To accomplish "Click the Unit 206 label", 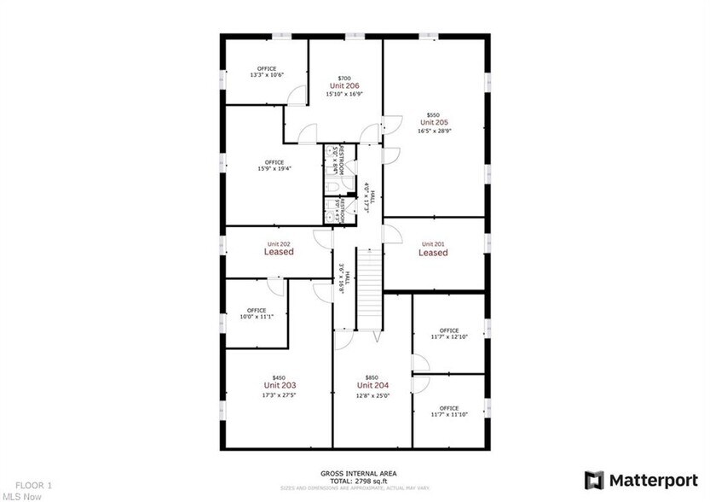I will [344, 85].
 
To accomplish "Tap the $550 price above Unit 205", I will [433, 114].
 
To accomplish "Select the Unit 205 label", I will [433, 122].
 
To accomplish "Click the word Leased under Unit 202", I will [279, 252].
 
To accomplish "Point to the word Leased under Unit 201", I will [433, 253].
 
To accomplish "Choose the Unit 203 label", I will [279, 386].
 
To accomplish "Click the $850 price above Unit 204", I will [372, 377].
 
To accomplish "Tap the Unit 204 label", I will [372, 386].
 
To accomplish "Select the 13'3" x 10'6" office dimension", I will [266, 75].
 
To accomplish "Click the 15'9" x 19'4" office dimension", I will [274, 169].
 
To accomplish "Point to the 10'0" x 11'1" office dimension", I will [257, 317].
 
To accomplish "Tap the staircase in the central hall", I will [367, 289].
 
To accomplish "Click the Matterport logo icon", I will [594, 480].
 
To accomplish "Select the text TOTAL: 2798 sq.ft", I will [358, 480].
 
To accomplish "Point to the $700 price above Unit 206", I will [344, 78].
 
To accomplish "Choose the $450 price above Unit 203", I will [279, 377].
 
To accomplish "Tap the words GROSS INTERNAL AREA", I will [358, 473].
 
